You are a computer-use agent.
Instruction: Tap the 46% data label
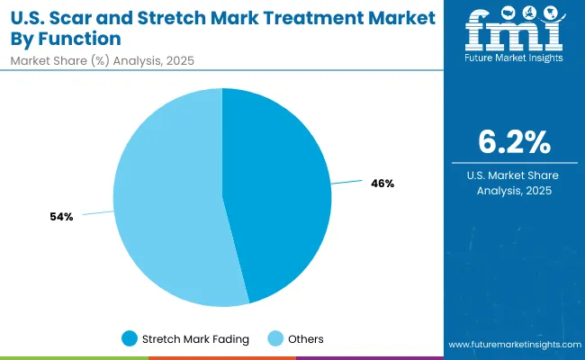coord(382,183)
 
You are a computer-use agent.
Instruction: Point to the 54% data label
coord(61,217)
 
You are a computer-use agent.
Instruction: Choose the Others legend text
coord(306,338)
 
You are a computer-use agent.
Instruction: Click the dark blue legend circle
coord(130,338)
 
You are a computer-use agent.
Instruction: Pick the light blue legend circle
coord(276,338)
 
